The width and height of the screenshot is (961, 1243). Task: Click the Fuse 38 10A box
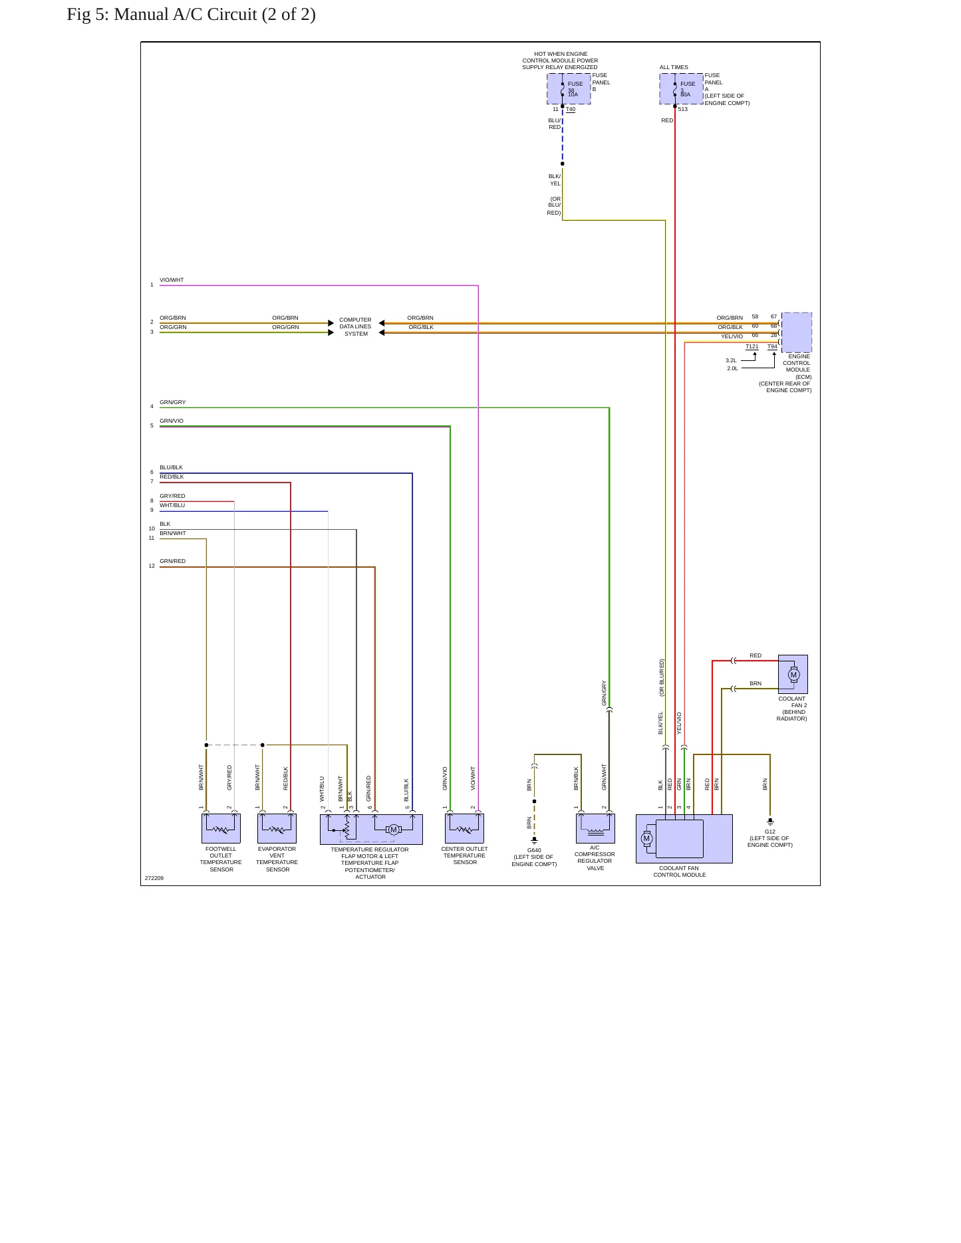[569, 89]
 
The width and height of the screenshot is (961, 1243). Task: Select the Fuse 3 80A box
[681, 89]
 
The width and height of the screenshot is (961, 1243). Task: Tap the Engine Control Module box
[797, 332]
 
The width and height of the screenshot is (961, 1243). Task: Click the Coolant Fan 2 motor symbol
[793, 675]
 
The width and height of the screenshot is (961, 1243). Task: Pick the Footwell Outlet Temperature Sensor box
[221, 829]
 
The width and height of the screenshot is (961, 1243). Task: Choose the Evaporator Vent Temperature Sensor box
[277, 829]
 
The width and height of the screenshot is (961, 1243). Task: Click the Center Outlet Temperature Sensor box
[464, 829]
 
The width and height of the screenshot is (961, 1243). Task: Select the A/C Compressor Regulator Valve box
[595, 829]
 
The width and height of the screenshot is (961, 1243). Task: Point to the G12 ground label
[770, 832]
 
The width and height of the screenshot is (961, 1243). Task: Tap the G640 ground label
[534, 850]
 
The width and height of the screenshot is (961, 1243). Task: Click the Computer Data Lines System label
[356, 327]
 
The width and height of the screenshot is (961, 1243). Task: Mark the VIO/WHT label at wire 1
[172, 280]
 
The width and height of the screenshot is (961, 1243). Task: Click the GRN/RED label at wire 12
[173, 561]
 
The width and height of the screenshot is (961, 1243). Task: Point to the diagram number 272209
[154, 878]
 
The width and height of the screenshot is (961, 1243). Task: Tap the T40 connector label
[571, 109]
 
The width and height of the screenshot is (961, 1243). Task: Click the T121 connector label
[752, 346]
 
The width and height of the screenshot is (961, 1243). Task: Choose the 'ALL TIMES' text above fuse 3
[674, 67]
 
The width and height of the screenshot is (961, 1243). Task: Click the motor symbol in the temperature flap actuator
[393, 830]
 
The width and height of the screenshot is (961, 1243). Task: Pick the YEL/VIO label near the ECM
[732, 336]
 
